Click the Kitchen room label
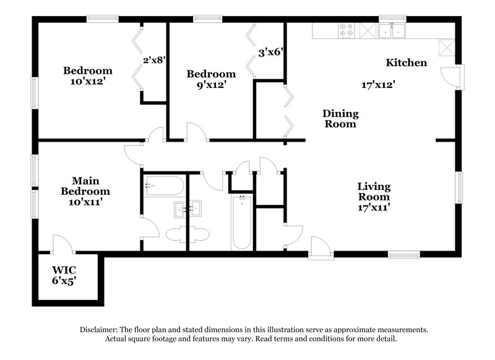[x=406, y=62]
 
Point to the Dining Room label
[x=340, y=119]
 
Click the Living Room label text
[x=374, y=192]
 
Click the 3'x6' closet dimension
[x=270, y=53]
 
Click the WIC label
[x=69, y=270]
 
